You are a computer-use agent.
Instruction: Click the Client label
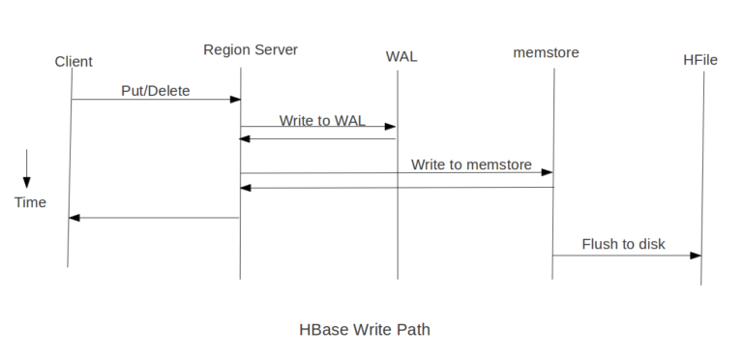point(74,62)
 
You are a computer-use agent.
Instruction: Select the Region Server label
point(251,49)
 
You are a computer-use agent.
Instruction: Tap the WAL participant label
point(401,56)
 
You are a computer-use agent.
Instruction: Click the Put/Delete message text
point(156,92)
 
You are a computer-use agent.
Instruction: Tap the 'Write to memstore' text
point(471,165)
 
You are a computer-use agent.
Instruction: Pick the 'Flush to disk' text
point(623,244)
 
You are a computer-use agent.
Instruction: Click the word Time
point(30,202)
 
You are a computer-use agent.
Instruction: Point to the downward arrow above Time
point(27,168)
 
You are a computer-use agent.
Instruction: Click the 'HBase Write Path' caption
point(365,329)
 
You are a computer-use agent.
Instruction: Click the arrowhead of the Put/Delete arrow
point(235,100)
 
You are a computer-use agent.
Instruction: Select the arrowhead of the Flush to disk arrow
point(696,255)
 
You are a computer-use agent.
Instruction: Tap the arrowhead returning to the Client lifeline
point(74,218)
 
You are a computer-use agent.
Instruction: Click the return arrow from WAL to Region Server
point(319,138)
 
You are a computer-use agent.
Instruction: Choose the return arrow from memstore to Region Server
point(397,188)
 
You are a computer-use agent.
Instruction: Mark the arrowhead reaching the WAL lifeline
point(392,126)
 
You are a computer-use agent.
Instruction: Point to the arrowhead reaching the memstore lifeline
point(549,172)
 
